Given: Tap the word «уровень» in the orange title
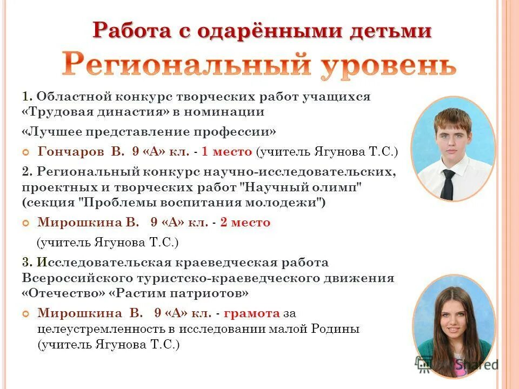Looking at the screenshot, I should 390,65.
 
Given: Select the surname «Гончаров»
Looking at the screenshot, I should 72,152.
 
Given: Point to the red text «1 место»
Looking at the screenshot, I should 227,152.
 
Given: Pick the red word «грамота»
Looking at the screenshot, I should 251,313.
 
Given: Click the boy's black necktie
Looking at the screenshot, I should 448,184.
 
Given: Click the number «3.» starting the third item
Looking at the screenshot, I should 28,263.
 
